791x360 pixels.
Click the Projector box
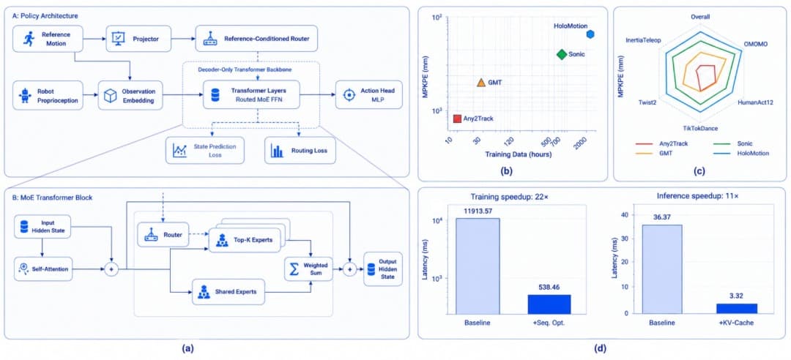[x=138, y=38]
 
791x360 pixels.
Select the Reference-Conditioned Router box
[x=256, y=38]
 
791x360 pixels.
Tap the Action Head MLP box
[x=369, y=94]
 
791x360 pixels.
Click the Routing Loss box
[x=300, y=150]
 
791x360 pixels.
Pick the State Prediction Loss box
[x=205, y=150]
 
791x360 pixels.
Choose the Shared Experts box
[x=229, y=292]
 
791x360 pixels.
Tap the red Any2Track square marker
[x=458, y=119]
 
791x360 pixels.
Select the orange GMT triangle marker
[x=480, y=82]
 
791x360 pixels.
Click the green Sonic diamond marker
[x=562, y=54]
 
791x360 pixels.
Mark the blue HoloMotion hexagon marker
[x=590, y=34]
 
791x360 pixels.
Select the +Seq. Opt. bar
[x=549, y=304]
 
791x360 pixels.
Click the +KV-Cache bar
[x=737, y=309]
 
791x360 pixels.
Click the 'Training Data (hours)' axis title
[x=518, y=155]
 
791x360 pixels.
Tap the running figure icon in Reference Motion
[x=29, y=38]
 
